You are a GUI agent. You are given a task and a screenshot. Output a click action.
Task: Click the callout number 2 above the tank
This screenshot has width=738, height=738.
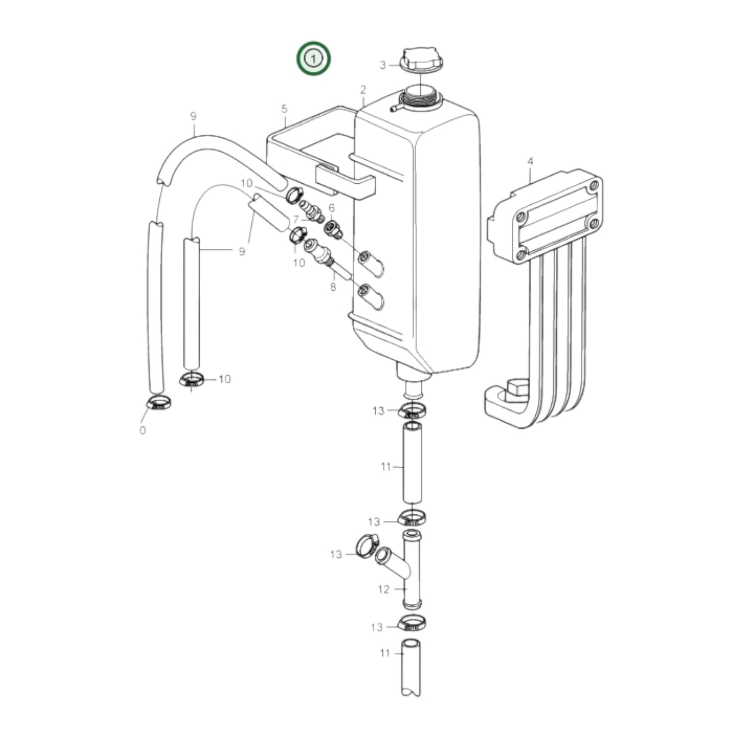click(363, 90)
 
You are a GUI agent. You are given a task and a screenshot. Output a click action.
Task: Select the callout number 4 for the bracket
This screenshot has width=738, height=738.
click(530, 162)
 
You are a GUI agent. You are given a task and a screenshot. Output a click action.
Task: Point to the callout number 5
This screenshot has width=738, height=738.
click(284, 109)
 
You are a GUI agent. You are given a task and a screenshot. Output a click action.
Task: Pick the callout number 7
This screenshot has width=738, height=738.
click(296, 220)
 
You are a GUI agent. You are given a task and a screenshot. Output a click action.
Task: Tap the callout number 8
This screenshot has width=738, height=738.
click(333, 287)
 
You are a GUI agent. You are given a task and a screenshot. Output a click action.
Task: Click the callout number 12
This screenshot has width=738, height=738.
click(384, 589)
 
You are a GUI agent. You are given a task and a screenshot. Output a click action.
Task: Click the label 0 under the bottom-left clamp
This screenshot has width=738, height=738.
click(142, 431)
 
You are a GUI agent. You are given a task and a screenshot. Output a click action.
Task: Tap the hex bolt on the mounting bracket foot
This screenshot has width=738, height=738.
click(516, 389)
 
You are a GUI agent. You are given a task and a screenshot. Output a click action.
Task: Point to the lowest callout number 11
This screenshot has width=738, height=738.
click(385, 653)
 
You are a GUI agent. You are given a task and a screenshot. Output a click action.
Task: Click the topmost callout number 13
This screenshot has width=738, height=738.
click(378, 411)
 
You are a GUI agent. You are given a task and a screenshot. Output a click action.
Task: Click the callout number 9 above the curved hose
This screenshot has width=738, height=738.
click(193, 116)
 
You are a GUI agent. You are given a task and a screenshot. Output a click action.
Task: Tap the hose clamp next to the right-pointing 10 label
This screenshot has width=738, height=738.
click(192, 380)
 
